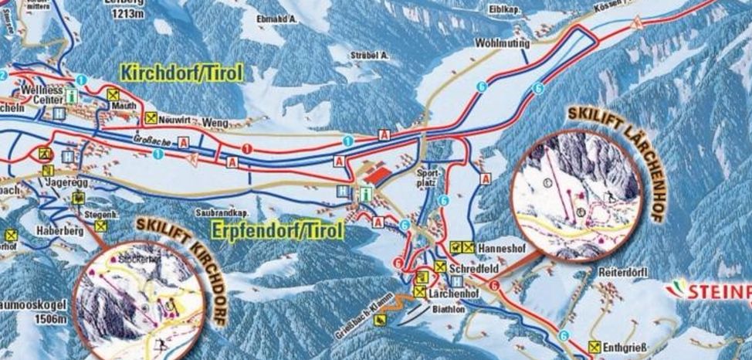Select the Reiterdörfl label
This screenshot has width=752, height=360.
click(x=622, y=273)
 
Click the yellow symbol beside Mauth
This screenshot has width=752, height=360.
click(x=113, y=94)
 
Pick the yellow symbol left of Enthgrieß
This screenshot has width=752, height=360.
click(x=594, y=348)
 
